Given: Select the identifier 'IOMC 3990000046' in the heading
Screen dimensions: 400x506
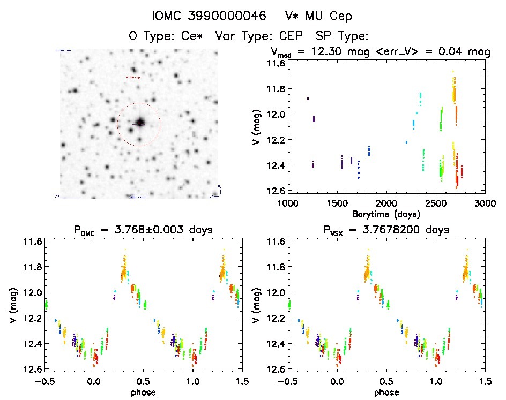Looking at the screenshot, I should click(217, 17).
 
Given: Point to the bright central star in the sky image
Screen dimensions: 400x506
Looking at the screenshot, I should click(140, 122).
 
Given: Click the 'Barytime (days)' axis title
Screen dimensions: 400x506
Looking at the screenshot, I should click(386, 214).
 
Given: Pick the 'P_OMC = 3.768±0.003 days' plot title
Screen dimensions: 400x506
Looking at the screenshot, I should click(144, 230).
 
